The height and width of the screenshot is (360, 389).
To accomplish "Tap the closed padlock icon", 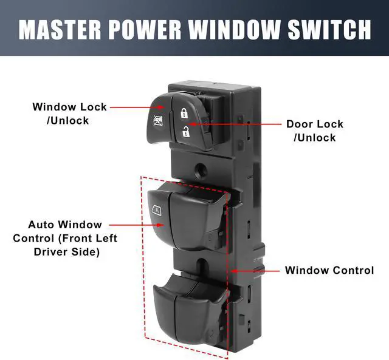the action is [184, 113].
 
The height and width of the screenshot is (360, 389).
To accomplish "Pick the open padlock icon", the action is [184, 129].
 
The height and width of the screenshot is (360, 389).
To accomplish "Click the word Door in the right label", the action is [300, 124].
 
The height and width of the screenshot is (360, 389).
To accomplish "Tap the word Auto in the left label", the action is [42, 225].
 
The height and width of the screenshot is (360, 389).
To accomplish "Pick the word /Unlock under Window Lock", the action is [68, 120].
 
